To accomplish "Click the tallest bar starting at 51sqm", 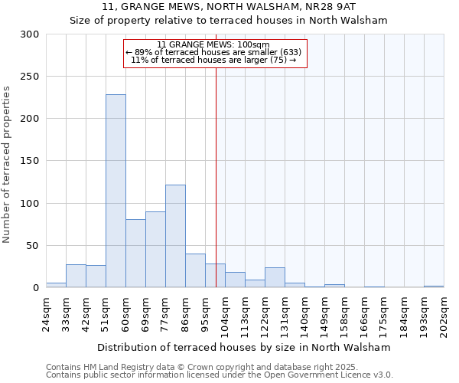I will (116, 191).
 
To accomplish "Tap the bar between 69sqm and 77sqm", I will (155, 249).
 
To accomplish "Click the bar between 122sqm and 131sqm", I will (275, 277).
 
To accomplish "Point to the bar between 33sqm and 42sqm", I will (76, 276).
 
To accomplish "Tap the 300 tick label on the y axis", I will (30, 34).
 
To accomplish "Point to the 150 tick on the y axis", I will (30, 161).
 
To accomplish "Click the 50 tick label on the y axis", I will (33, 246).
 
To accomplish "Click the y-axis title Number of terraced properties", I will (8, 165).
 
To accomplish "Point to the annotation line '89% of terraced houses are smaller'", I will (214, 52).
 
